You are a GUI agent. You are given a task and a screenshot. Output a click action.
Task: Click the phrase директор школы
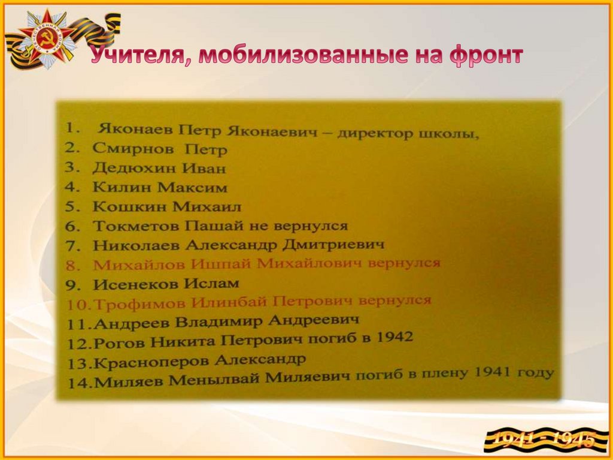coord(408,133)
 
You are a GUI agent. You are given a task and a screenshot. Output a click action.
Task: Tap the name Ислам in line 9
coord(216,282)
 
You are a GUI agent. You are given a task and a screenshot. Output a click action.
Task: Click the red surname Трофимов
coord(131,303)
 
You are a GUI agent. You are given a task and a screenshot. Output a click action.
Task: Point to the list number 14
coord(78,383)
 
